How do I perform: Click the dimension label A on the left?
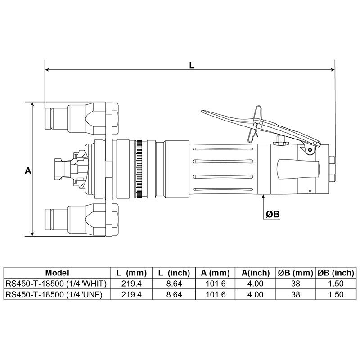click(x=28, y=171)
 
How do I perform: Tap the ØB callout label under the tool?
click(x=273, y=215)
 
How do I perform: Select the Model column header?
click(x=57, y=273)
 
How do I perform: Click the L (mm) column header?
click(x=132, y=273)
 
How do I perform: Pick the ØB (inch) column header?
click(x=336, y=273)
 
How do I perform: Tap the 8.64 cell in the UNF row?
click(x=174, y=294)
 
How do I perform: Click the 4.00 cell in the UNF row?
click(x=255, y=294)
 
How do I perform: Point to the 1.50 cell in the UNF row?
click(x=336, y=294)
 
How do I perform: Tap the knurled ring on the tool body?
click(x=139, y=170)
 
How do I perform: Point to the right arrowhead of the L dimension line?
click(x=333, y=70)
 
